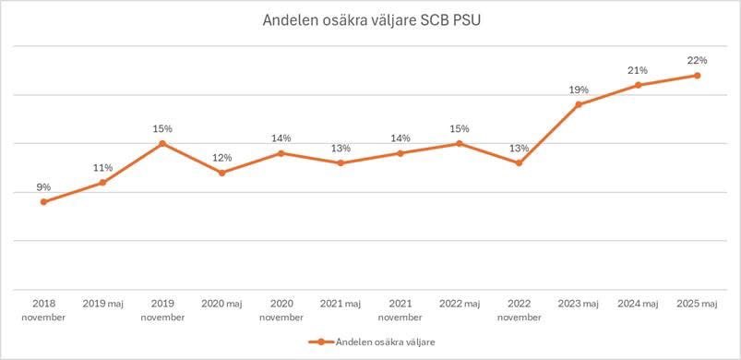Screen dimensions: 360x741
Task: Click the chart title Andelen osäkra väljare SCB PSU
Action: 370,21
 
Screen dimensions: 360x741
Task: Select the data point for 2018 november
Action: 43,201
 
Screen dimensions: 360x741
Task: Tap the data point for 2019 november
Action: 162,143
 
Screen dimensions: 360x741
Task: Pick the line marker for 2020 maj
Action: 221,173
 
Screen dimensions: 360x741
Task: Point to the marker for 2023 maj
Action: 578,104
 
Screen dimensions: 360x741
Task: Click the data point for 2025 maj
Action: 697,76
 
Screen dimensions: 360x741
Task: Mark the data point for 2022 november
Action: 519,162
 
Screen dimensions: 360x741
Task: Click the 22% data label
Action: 697,60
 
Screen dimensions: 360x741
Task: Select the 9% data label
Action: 43,186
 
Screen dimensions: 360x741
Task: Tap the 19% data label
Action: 578,90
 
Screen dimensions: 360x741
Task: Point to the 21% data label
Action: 638,70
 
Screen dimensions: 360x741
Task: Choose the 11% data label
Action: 102,167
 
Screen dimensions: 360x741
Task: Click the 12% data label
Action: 221,157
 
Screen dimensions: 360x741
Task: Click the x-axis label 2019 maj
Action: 102,303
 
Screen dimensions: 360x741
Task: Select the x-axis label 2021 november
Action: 400,309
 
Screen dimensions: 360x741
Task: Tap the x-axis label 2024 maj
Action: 638,303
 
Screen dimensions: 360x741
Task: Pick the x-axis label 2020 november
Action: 281,309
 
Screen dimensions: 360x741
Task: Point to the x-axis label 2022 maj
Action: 459,303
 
